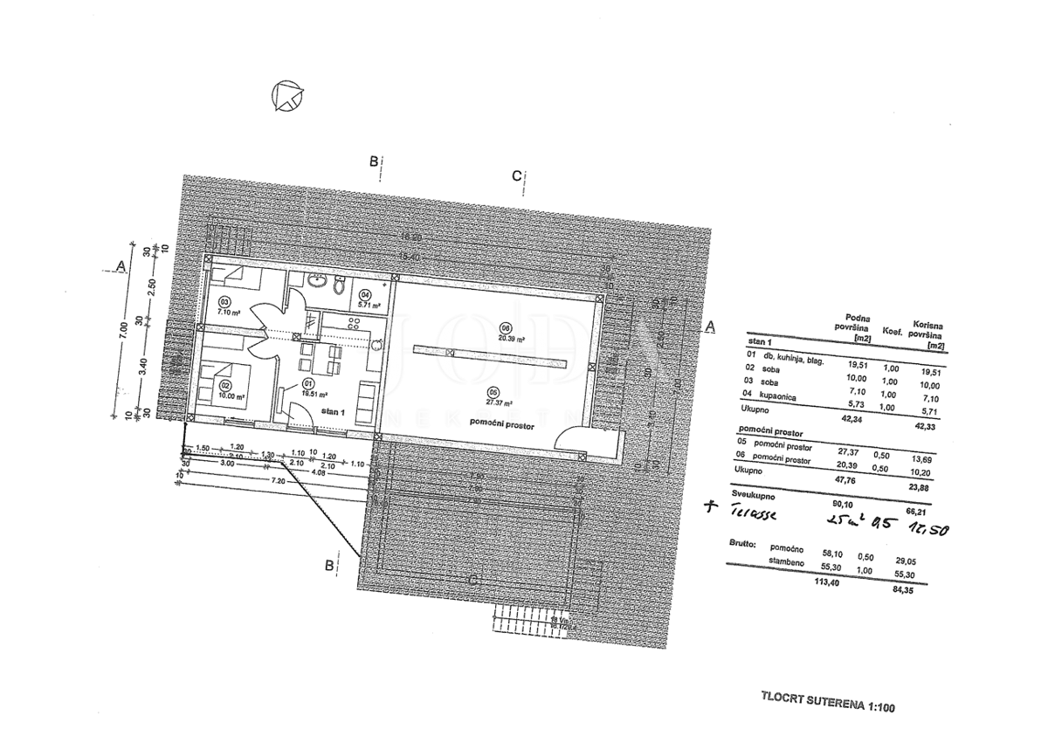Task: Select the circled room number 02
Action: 224,384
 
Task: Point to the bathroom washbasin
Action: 316,282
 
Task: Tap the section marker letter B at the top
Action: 374,161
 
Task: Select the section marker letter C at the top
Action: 516,175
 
